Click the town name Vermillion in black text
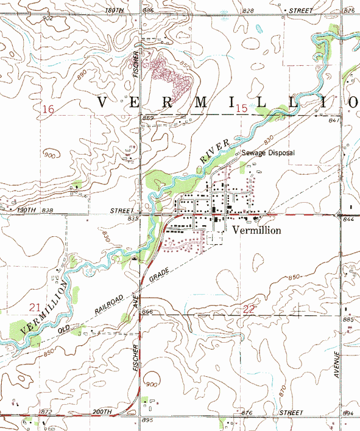[x=256, y=231]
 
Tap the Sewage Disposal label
[x=268, y=153]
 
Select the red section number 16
[x=48, y=109]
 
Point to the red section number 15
[x=242, y=108]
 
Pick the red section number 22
[x=249, y=309]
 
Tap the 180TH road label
[x=114, y=11]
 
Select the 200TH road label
[x=102, y=412]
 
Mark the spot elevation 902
[x=48, y=19]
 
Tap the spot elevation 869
[x=148, y=117]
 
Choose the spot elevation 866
[x=147, y=312]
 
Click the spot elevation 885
[x=348, y=320]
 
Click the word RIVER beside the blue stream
[x=216, y=150]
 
